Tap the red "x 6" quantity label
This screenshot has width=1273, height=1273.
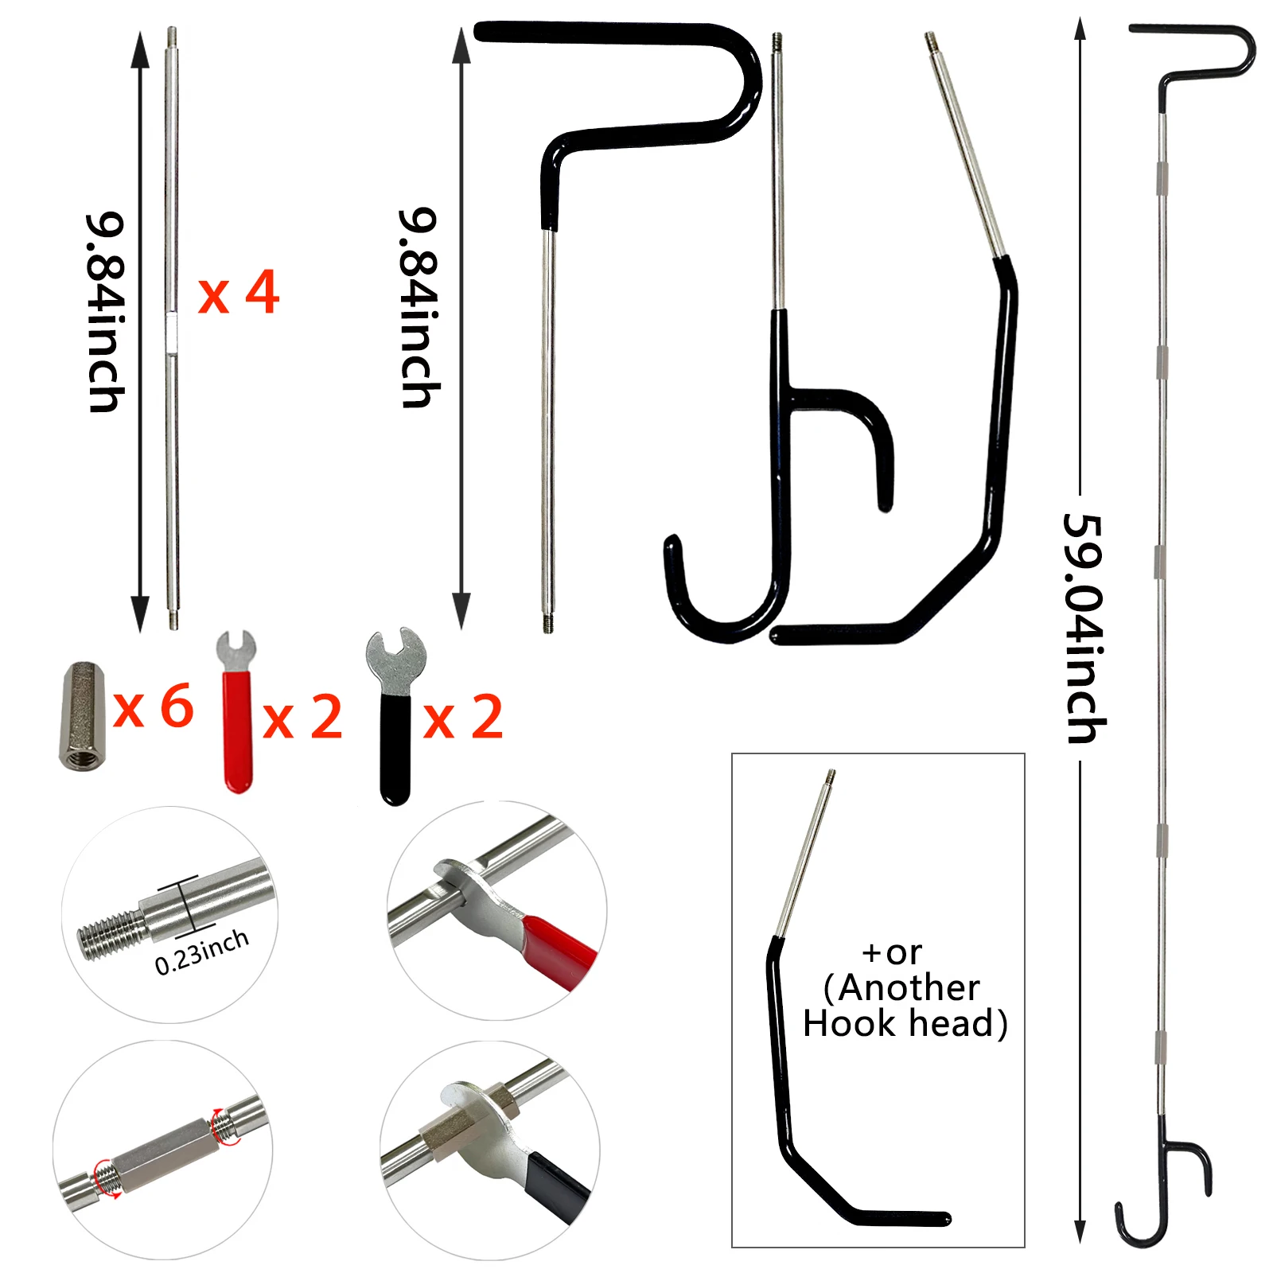click(x=154, y=707)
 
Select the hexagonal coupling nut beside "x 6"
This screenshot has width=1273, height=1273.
click(x=82, y=716)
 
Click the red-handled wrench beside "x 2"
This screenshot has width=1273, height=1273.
click(x=237, y=712)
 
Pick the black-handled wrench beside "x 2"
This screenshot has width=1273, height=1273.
click(x=395, y=716)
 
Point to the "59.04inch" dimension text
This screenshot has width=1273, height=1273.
click(x=1084, y=629)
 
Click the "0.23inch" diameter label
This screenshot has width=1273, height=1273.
click(x=201, y=952)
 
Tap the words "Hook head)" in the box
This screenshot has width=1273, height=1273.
click(x=905, y=1023)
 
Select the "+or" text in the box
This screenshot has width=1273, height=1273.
click(x=892, y=952)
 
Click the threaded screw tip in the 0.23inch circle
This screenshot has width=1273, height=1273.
click(x=111, y=934)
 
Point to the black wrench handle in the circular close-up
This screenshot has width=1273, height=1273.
click(x=557, y=1185)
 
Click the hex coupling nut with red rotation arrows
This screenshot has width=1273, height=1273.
click(x=163, y=1146)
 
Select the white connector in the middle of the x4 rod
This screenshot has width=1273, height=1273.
click(x=172, y=333)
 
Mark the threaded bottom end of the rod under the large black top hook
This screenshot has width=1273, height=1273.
click(x=548, y=622)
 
